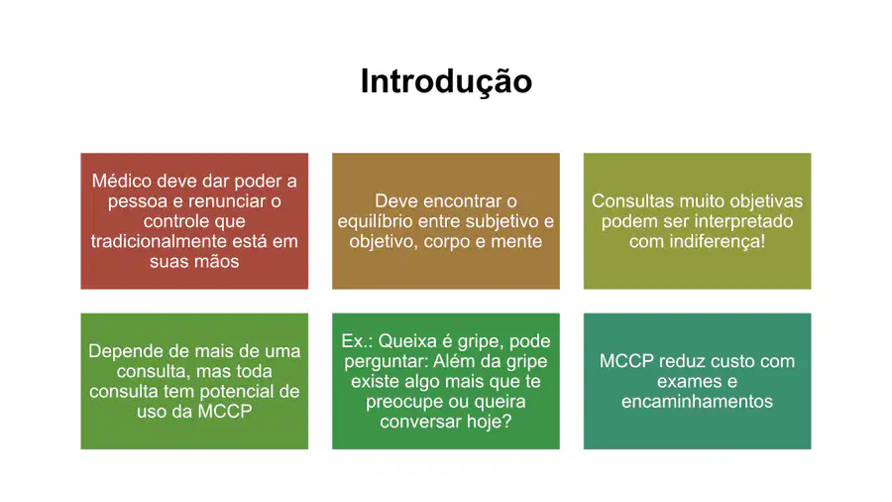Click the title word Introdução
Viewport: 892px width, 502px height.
[446, 81]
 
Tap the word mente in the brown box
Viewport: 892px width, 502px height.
[516, 241]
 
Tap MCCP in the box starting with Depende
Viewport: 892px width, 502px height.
[225, 412]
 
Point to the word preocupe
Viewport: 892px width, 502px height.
[400, 402]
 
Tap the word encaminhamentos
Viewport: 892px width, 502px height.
[697, 402]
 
